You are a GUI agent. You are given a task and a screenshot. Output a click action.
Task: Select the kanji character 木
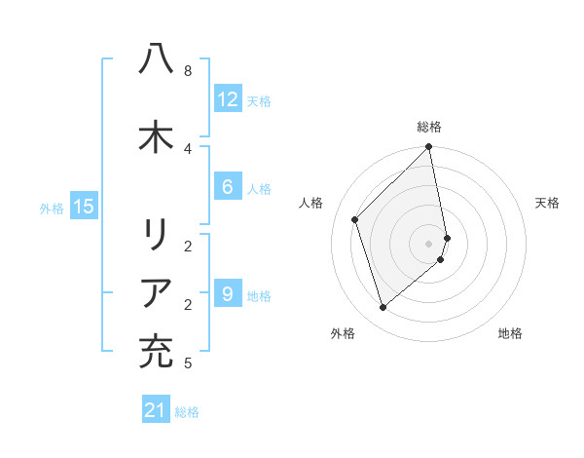(156, 136)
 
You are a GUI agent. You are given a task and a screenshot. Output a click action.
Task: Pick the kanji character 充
(156, 351)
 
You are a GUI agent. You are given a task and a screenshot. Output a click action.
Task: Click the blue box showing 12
(228, 98)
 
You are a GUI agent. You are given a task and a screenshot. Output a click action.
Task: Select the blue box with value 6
(228, 187)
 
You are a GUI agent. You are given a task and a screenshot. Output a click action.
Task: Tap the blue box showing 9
(228, 293)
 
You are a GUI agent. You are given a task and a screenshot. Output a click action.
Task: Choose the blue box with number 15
(84, 206)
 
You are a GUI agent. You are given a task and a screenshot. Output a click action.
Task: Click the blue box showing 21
(156, 410)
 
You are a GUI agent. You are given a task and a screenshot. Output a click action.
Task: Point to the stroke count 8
(188, 71)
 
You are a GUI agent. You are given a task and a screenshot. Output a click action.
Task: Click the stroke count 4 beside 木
(188, 148)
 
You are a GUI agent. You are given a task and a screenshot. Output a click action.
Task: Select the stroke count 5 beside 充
(188, 363)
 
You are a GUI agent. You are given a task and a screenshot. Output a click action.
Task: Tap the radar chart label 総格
(429, 127)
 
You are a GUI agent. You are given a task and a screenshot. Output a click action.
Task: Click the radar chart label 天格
(547, 203)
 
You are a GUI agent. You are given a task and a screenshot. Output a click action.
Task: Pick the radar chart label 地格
(510, 333)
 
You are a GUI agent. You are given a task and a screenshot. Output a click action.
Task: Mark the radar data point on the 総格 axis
(429, 148)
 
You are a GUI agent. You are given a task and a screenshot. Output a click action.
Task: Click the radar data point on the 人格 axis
(355, 219)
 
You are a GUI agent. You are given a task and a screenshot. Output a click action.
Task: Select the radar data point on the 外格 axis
(383, 308)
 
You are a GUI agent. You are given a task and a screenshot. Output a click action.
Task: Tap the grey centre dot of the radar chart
(429, 244)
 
